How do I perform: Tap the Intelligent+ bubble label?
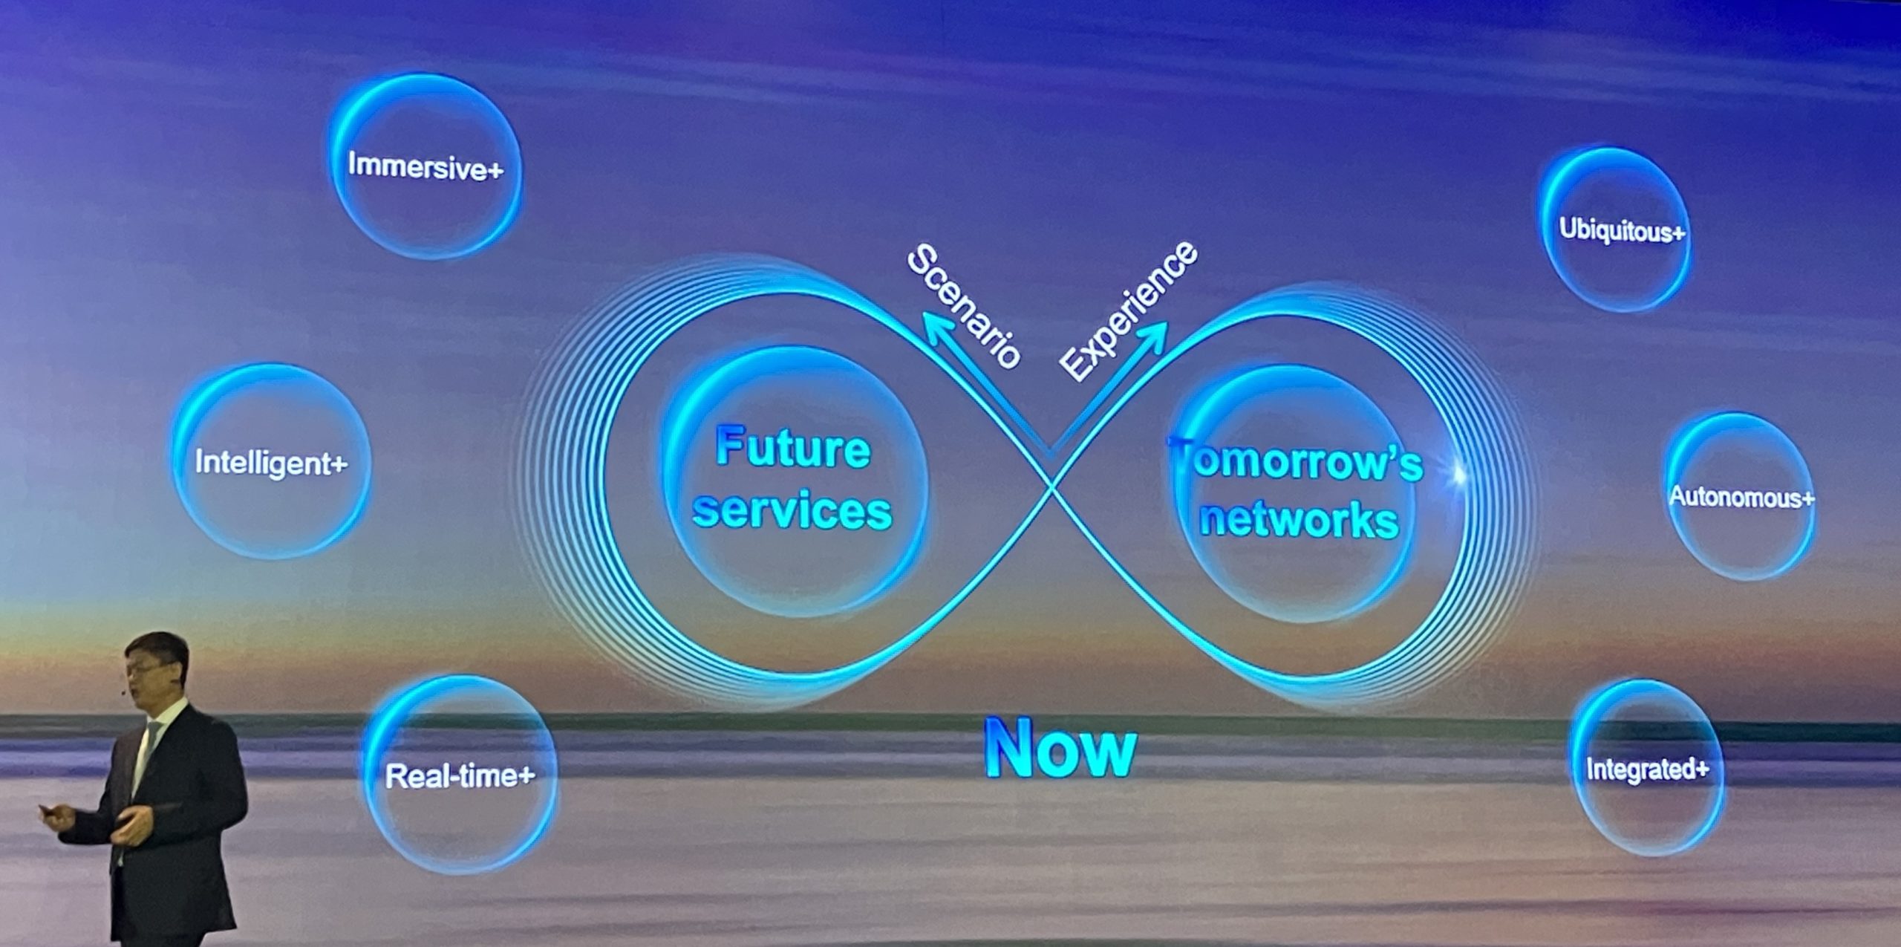coord(271,463)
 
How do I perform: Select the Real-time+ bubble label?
coord(460,776)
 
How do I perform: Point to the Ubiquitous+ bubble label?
coord(1622,230)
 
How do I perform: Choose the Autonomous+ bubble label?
coord(1741,496)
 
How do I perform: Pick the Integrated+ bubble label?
coord(1647,769)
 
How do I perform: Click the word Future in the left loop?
coord(792,448)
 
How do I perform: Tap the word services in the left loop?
coord(792,511)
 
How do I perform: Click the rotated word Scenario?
coord(964,306)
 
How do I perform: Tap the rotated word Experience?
coord(1129,310)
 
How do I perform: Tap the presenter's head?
coord(156,667)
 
